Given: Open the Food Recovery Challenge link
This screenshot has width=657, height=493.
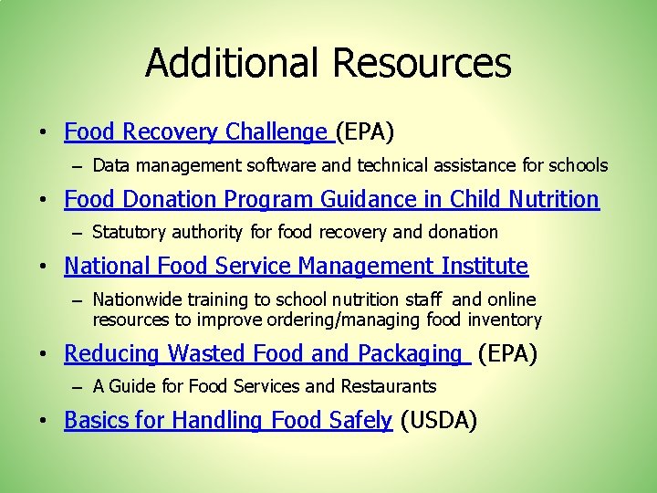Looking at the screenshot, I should coord(195,132).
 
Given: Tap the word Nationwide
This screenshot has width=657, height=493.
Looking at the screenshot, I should coord(137,299).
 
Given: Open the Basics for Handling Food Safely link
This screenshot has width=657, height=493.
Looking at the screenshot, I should coord(228,420).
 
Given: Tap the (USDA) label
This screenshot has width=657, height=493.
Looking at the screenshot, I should coord(439,420).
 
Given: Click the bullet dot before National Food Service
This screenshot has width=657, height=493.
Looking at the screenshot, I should coord(44,267).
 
